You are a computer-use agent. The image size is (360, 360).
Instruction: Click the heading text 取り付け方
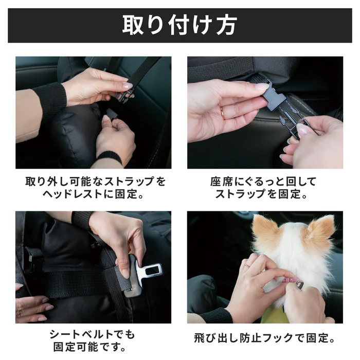[x=179, y=25]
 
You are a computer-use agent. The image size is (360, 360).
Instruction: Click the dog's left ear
[x=267, y=232]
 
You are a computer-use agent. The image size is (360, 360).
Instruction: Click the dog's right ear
[x=320, y=232]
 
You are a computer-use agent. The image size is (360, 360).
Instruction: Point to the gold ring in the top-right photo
[x=222, y=113]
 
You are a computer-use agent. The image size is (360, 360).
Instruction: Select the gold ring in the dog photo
[x=247, y=265]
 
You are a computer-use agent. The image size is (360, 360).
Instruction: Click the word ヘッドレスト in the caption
[x=73, y=194]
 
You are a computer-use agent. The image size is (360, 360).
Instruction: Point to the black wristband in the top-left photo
[x=109, y=157]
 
